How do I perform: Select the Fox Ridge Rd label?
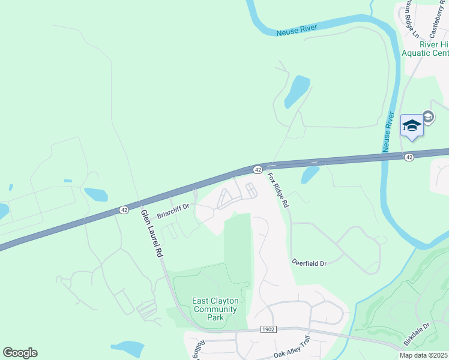(x=279, y=190)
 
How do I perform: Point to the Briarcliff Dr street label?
(x=173, y=211)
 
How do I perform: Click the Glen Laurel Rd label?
(x=152, y=233)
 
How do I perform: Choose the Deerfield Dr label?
(x=309, y=263)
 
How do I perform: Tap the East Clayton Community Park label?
(x=215, y=309)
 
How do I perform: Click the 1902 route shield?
(x=269, y=329)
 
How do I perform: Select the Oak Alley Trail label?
(x=294, y=353)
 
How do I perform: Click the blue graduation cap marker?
(x=412, y=125)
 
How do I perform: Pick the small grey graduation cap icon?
(x=429, y=116)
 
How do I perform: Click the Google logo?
(x=20, y=353)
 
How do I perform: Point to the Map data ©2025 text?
(x=424, y=355)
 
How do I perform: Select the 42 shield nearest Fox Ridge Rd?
(x=257, y=170)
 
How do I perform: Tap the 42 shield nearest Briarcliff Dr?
(x=124, y=210)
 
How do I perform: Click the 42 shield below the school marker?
(x=409, y=157)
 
